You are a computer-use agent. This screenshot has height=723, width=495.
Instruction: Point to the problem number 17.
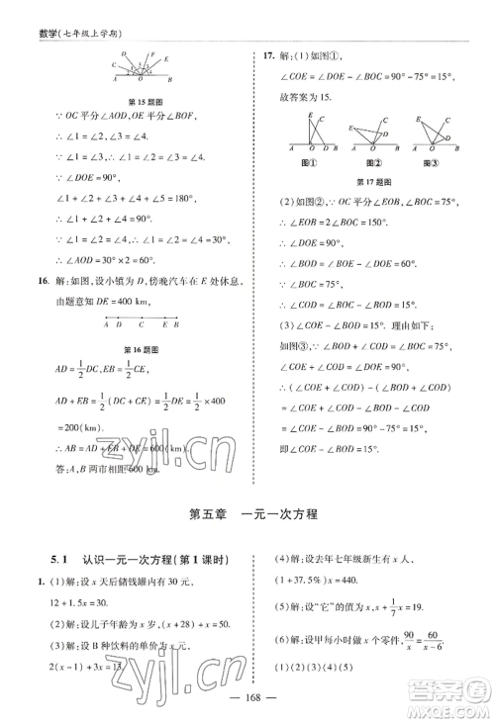[265, 56]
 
